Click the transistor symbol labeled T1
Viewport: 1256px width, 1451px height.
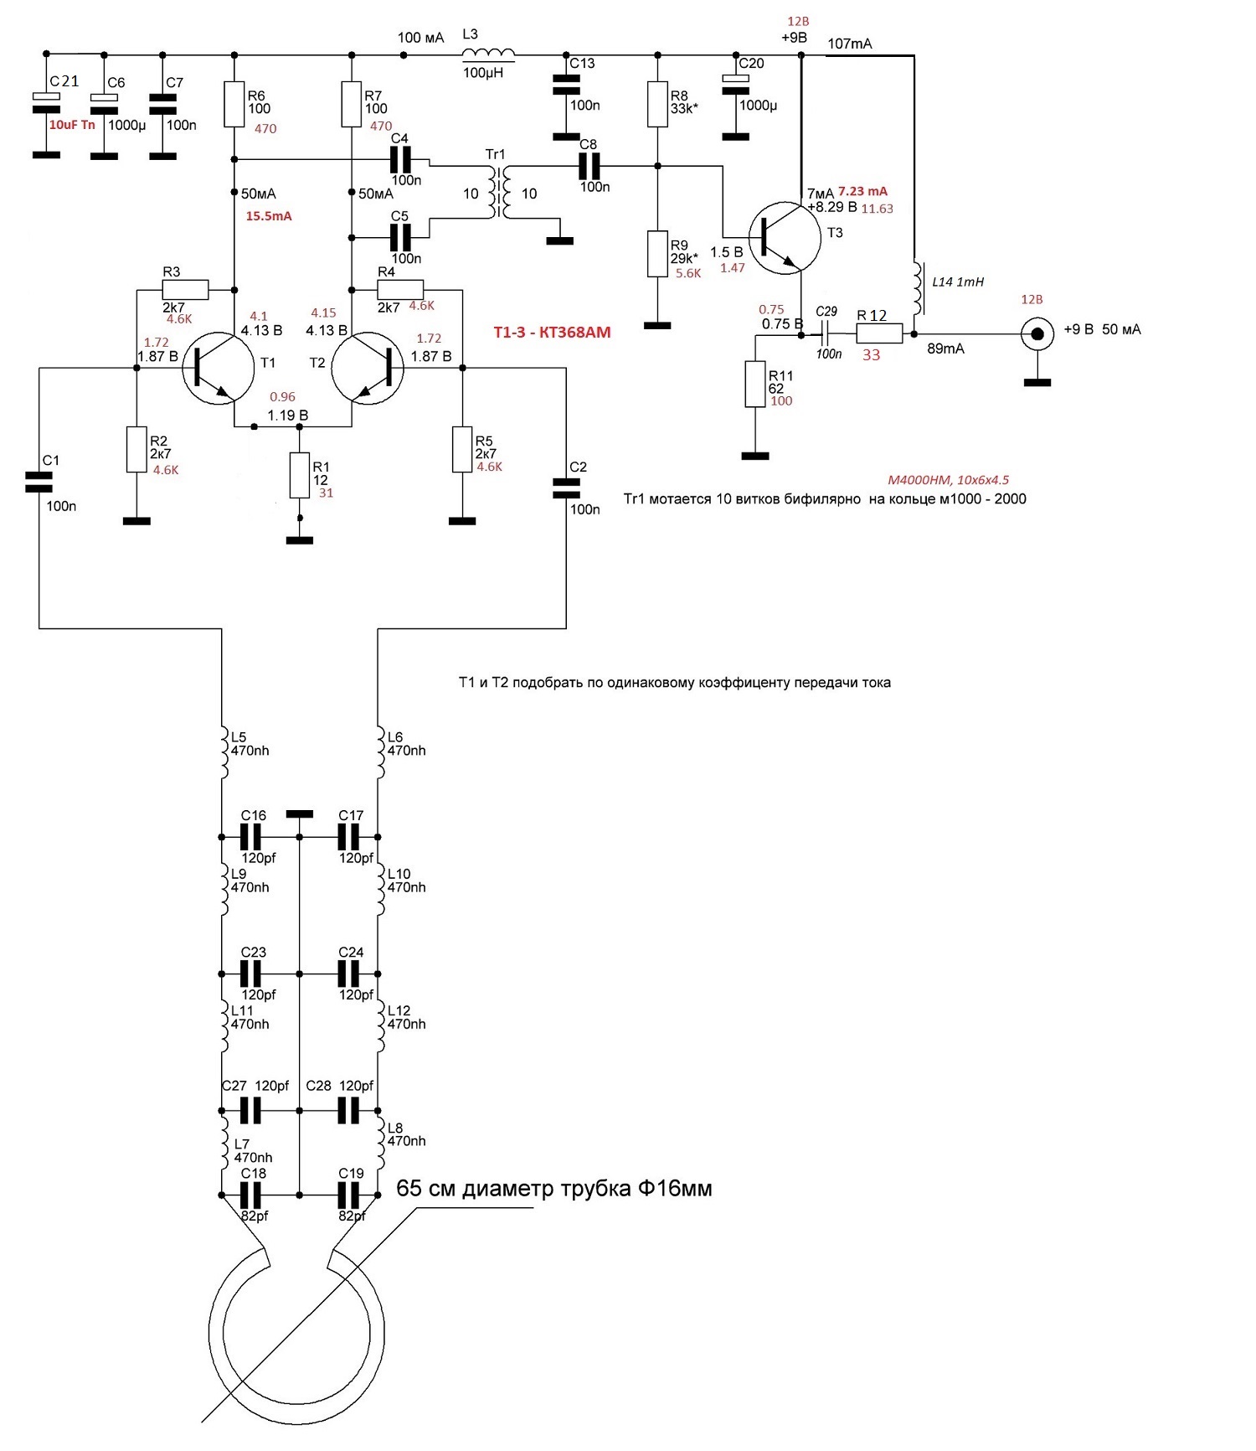[218, 368]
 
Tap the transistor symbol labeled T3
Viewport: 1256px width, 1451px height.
[785, 236]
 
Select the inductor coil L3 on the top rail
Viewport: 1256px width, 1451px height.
[488, 54]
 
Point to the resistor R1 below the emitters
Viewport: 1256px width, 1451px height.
[299, 475]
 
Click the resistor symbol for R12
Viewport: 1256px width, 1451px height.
[879, 334]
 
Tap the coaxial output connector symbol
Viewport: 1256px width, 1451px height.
[1037, 335]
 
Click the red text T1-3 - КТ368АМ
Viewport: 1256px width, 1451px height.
[552, 333]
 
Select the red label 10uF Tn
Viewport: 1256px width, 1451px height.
[72, 125]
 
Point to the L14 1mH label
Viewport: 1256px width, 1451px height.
[958, 281]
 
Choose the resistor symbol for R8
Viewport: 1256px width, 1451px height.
[657, 104]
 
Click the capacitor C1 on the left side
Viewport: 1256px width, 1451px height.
[39, 482]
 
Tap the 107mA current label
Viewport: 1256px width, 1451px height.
[850, 44]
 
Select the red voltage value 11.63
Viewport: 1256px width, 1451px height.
[878, 209]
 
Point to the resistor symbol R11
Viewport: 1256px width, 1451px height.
[755, 384]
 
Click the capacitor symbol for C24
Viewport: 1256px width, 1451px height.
[349, 973]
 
